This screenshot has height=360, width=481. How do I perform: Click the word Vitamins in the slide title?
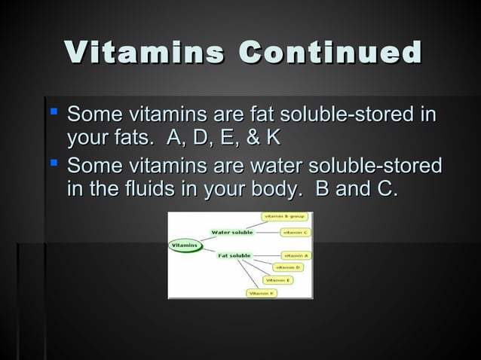(143, 53)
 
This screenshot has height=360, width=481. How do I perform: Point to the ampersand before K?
(252, 140)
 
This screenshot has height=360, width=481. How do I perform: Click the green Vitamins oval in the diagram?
(185, 245)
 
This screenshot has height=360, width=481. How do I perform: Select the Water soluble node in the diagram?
(232, 232)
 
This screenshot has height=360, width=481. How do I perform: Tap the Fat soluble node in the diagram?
(234, 256)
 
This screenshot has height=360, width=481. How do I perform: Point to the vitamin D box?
(287, 267)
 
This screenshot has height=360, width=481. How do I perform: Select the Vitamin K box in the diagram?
(261, 292)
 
